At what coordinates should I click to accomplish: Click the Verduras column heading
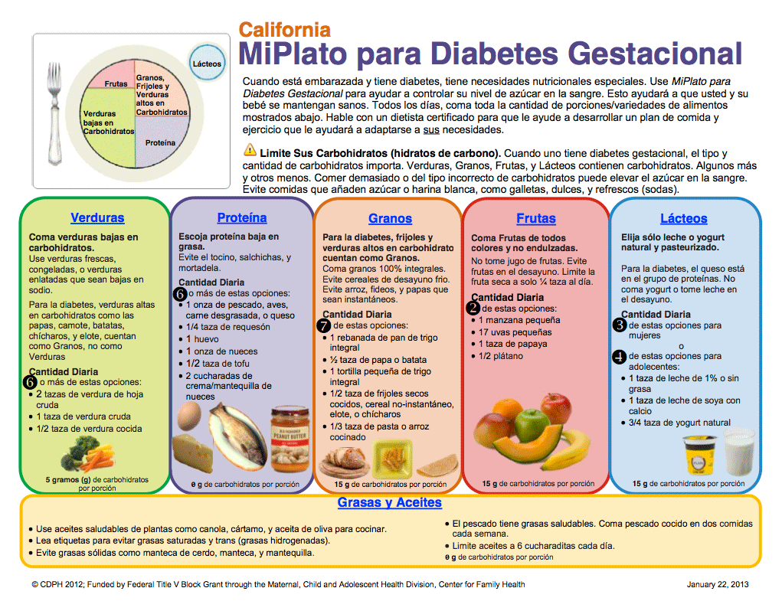[x=97, y=218]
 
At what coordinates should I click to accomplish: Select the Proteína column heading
[x=242, y=218]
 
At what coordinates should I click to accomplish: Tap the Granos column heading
[x=390, y=219]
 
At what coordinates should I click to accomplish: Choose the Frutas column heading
[x=536, y=219]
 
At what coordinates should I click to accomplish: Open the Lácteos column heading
[x=683, y=219]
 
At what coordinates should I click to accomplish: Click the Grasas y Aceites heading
[x=390, y=503]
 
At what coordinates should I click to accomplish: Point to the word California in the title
[x=285, y=31]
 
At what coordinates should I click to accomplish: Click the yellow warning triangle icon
[x=250, y=150]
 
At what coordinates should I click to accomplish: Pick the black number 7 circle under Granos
[x=323, y=325]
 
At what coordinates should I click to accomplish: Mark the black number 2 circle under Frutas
[x=473, y=308]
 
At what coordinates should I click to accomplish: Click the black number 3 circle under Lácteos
[x=620, y=325]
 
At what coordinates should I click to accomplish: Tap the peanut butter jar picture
[x=290, y=440]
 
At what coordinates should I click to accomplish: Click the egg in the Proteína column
[x=188, y=418]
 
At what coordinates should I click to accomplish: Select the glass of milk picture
[x=738, y=452]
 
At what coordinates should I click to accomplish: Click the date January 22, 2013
[x=716, y=584]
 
